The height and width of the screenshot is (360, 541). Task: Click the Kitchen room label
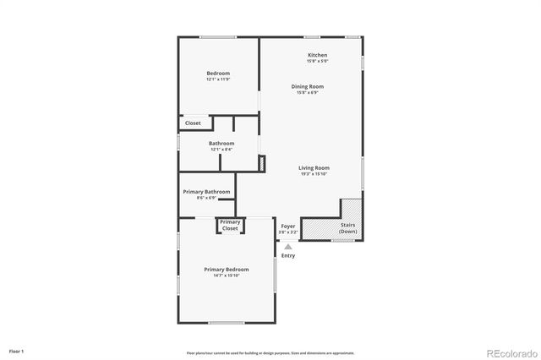[x=317, y=55]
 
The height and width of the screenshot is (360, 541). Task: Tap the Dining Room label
[x=308, y=86]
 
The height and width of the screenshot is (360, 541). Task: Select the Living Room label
[x=314, y=168]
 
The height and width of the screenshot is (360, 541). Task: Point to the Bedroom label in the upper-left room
[x=218, y=74]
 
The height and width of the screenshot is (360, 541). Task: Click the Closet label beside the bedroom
[x=193, y=123]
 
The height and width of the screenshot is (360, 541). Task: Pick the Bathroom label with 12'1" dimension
[x=221, y=144]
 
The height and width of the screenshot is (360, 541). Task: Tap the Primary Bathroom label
[x=206, y=192]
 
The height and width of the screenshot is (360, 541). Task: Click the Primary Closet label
[x=230, y=225]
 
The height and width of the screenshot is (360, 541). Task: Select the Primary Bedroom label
[x=226, y=270]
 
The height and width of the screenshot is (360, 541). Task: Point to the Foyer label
[x=288, y=226]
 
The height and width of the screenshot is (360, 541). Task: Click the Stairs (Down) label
[x=347, y=228]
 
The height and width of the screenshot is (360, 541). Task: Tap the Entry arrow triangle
[x=287, y=247]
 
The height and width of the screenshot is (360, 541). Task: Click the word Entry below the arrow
[x=288, y=255]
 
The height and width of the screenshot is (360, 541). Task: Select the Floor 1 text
[x=17, y=351]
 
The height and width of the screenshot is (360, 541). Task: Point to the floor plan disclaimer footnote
[x=270, y=352]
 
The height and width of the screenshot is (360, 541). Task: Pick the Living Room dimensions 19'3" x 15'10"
[x=314, y=174]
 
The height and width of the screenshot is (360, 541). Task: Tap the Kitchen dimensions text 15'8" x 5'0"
[x=317, y=61]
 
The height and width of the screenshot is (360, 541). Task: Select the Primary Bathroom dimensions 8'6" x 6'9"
[x=206, y=198]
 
